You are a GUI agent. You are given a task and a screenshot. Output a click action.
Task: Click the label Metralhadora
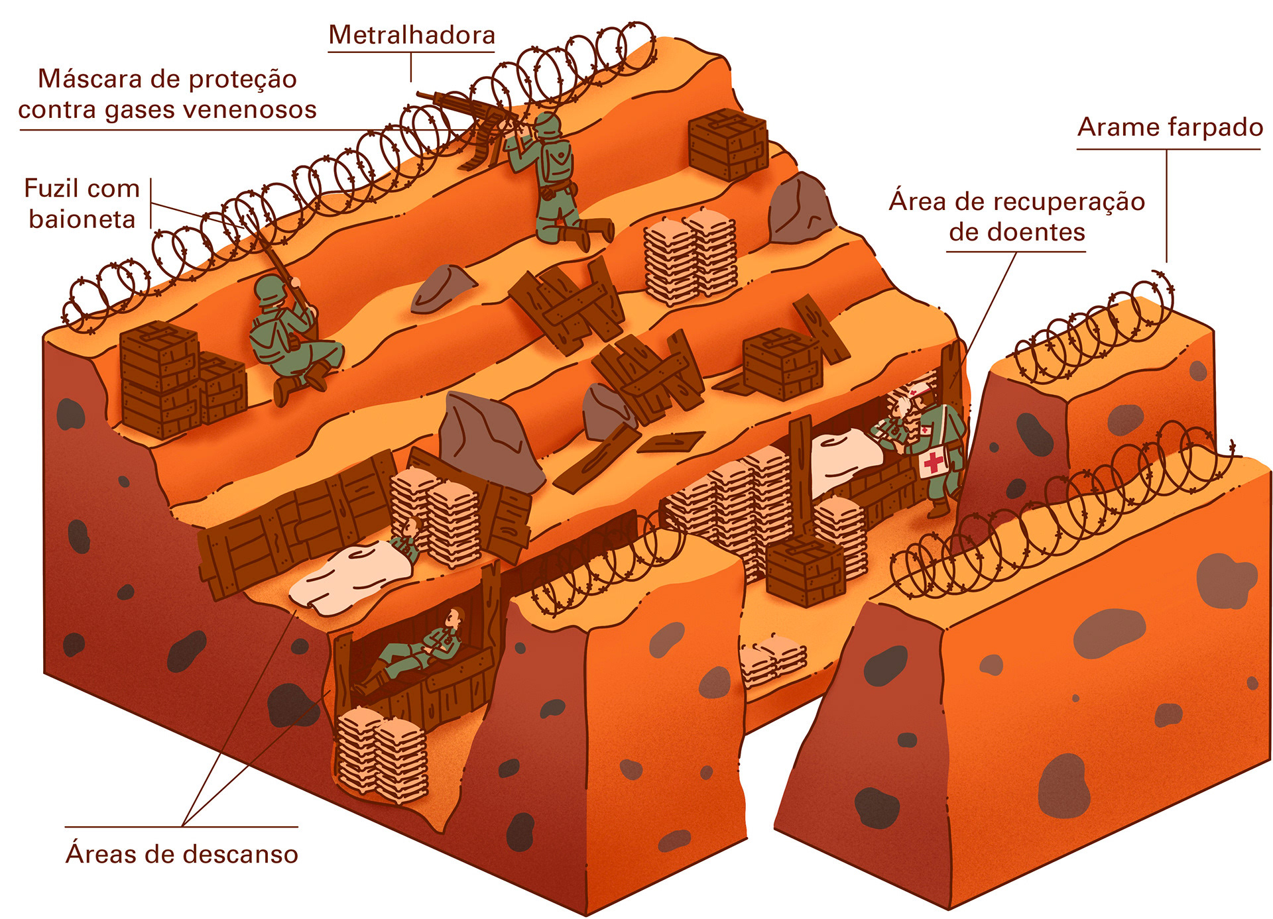pyautogui.click(x=412, y=35)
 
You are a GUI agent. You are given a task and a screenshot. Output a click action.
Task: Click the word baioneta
pyautogui.click(x=82, y=219)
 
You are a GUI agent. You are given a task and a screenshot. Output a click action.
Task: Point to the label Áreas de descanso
pyautogui.click(x=182, y=854)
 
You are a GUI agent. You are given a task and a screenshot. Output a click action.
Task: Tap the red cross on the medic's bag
pyautogui.click(x=934, y=461)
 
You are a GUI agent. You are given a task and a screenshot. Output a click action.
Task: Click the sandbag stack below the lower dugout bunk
pyautogui.click(x=381, y=755)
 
